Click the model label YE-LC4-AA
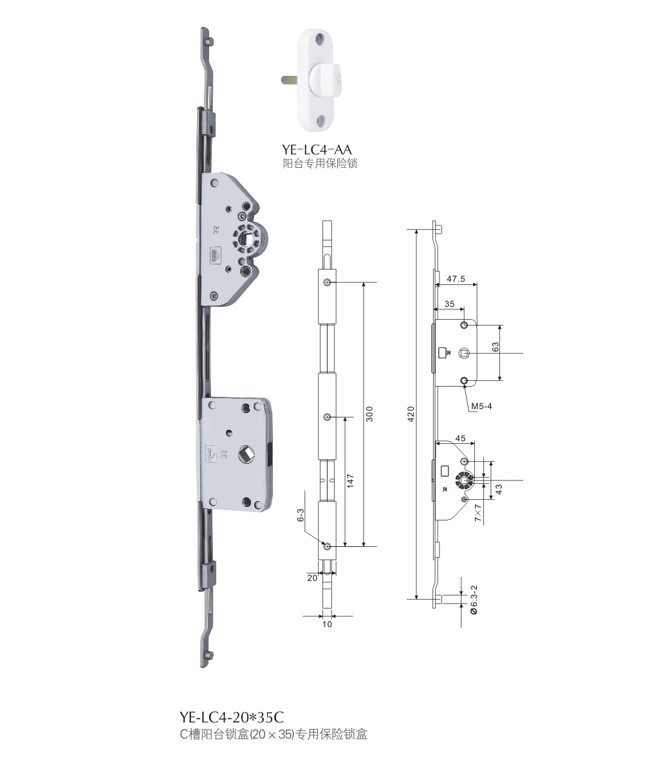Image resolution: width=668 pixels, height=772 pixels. point(317,149)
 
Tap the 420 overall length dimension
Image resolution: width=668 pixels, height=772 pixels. point(411,414)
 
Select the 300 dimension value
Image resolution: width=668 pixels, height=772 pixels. point(369,414)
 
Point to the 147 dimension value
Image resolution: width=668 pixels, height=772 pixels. point(349,481)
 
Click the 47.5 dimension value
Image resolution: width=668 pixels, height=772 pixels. point(456,279)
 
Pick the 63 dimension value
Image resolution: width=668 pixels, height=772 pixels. point(496,347)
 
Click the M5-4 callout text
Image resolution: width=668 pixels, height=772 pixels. point(481,406)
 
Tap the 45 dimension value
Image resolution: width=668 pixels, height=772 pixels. point(461,438)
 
